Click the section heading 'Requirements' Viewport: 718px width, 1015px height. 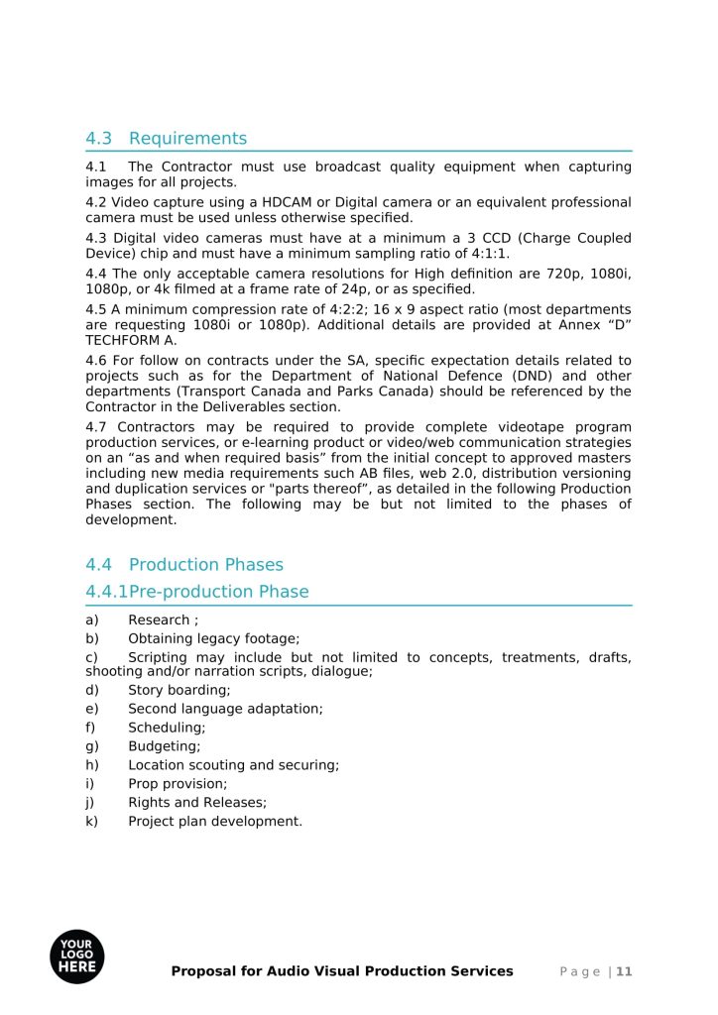coord(187,138)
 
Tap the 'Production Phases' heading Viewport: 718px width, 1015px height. coord(205,565)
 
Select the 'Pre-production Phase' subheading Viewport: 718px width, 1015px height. coord(218,592)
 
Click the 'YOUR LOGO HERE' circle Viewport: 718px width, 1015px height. coord(76,957)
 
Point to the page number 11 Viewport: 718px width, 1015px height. coord(624,971)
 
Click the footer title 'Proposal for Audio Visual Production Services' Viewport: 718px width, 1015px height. coord(342,971)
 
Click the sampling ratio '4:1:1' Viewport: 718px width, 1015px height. coord(485,253)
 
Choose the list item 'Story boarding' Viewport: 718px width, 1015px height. coord(179,690)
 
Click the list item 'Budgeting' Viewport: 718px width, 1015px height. coord(164,746)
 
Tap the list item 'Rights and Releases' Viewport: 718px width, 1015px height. coord(196,803)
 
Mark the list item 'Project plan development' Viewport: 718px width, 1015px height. coord(214,822)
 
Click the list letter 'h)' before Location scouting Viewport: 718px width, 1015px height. coord(92,765)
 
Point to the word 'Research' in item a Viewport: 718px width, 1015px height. coord(159,620)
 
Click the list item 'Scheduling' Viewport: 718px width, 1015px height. coord(167,728)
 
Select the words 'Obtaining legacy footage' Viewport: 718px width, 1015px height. coord(213,639)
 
